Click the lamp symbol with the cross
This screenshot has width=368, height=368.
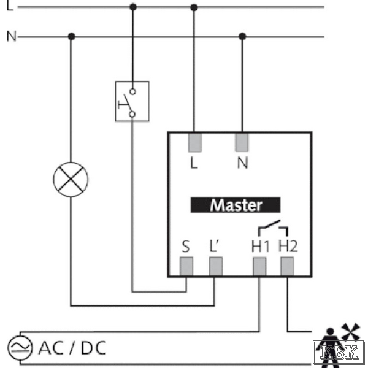pyautogui.click(x=71, y=179)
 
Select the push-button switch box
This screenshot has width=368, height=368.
pyautogui.click(x=132, y=101)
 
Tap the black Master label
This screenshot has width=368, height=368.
pyautogui.click(x=236, y=205)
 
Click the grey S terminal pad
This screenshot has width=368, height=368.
pyautogui.click(x=186, y=266)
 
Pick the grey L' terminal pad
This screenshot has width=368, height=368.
pyautogui.click(x=215, y=266)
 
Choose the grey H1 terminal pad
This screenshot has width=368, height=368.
pyautogui.click(x=259, y=266)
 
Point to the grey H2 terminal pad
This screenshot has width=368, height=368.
pyautogui.click(x=287, y=266)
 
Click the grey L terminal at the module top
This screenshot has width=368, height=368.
pyautogui.click(x=194, y=142)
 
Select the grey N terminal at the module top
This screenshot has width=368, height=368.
pyautogui.click(x=242, y=142)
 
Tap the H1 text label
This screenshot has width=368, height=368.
pyautogui.click(x=260, y=247)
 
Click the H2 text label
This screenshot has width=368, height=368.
pyautogui.click(x=288, y=247)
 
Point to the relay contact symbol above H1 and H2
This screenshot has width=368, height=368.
pyautogui.click(x=273, y=228)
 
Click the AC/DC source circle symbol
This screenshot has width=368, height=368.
pyautogui.click(x=20, y=348)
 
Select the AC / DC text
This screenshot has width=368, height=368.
pyautogui.click(x=72, y=348)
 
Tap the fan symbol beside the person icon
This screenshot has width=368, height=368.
pyautogui.click(x=350, y=331)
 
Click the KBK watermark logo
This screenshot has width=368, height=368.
pyautogui.click(x=339, y=353)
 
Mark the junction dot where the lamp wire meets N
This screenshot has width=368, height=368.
pyautogui.click(x=72, y=37)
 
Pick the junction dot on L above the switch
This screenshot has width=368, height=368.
pyautogui.click(x=133, y=7)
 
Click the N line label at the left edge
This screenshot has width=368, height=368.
pyautogui.click(x=12, y=36)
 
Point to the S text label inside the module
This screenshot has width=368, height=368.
pyautogui.click(x=186, y=247)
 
